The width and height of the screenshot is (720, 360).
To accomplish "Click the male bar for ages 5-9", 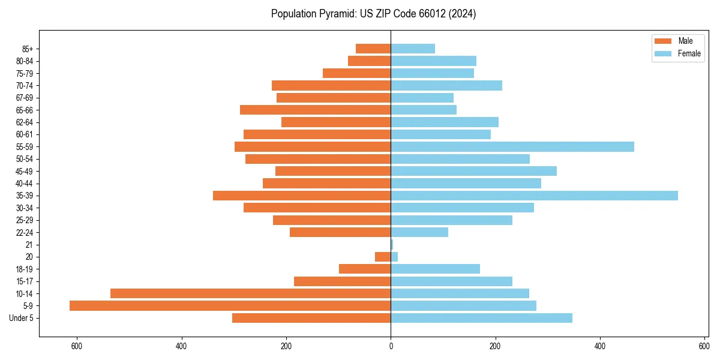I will tap(230, 306).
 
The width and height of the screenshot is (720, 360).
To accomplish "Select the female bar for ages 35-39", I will tap(534, 196).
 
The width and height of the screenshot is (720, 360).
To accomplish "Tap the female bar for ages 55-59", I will tap(512, 147).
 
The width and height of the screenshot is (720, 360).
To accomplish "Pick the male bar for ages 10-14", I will tap(250, 293).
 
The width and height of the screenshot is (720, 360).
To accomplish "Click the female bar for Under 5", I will tap(481, 318).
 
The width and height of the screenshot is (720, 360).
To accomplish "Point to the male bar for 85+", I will tap(373, 49).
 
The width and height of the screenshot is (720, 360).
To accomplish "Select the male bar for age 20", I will tap(383, 257).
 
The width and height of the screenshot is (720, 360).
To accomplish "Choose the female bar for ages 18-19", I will tap(435, 269).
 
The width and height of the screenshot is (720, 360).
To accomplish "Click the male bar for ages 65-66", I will tap(315, 110).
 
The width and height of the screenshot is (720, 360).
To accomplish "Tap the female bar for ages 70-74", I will tap(446, 86).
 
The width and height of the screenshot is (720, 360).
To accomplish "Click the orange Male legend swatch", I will tap(663, 41).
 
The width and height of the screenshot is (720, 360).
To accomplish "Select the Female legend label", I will tap(689, 53).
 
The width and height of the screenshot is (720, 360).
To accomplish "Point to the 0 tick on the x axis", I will tap(391, 346).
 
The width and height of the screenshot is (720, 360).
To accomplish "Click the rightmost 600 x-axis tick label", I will tap(704, 346).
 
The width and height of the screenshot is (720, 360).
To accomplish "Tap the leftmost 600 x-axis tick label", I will tap(76, 346).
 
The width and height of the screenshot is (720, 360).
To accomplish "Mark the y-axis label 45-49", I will tap(25, 171).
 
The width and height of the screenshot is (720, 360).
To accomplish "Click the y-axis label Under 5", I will tap(21, 318).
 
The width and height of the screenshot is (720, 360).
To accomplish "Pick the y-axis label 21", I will tap(29, 245).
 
